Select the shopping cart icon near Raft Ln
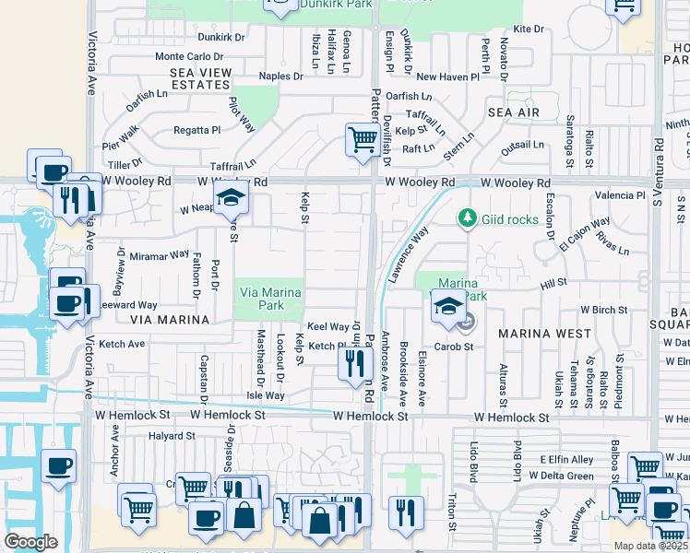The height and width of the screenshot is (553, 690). (362, 140)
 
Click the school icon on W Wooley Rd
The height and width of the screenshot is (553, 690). (230, 197)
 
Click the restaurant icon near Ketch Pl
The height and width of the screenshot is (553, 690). (355, 363)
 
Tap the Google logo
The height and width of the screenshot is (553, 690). (31, 542)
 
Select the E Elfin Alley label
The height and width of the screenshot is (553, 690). (565, 459)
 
